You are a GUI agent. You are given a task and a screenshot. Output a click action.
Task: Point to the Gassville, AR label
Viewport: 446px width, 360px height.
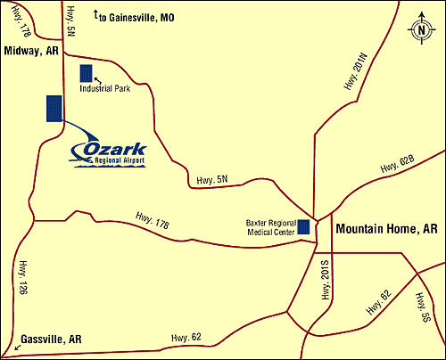coord(50,339)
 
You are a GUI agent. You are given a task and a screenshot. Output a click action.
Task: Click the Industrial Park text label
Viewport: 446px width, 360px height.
coord(106,89)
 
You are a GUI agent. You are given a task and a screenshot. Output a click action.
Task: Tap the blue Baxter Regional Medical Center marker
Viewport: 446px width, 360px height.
coord(304,227)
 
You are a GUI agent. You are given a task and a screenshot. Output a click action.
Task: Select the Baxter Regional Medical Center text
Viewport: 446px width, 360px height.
coord(268,228)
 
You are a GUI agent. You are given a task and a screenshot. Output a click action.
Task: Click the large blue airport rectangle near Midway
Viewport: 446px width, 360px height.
coord(54,108)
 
